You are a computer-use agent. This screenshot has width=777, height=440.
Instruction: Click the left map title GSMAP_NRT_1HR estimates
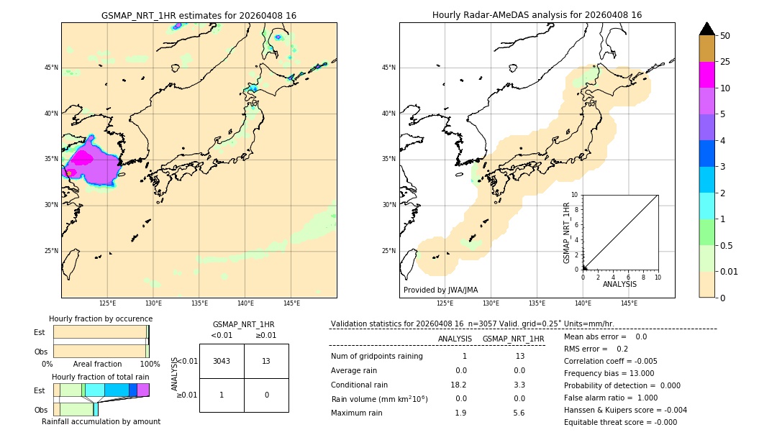(199, 15)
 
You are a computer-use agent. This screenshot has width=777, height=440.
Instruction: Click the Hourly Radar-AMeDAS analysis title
(537, 15)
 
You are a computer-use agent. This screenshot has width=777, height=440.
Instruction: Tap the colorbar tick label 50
(725, 36)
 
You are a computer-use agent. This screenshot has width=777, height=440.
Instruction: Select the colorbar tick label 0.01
(730, 271)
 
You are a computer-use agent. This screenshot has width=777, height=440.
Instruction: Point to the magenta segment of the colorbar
(706, 75)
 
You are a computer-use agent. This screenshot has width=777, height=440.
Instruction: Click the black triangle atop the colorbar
(706, 29)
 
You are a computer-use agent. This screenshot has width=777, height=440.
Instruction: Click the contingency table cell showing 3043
(222, 361)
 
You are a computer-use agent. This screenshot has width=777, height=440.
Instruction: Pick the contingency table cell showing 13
(266, 361)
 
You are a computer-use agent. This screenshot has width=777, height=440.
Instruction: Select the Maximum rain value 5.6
(519, 413)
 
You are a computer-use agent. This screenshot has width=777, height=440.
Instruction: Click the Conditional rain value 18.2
(460, 385)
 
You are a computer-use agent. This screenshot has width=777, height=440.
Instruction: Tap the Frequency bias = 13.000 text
(609, 373)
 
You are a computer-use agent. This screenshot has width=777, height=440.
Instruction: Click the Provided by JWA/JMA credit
(440, 290)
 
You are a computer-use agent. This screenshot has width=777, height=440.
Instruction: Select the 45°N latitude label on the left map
(51, 68)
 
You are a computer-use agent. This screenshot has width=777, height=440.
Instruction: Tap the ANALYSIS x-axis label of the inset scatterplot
(619, 284)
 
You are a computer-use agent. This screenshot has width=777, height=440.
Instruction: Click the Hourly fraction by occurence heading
(101, 318)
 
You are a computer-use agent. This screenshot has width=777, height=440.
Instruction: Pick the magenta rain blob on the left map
(83, 157)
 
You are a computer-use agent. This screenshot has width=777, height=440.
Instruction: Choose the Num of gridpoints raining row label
(376, 357)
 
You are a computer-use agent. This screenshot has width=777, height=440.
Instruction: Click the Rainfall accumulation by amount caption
(101, 421)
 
